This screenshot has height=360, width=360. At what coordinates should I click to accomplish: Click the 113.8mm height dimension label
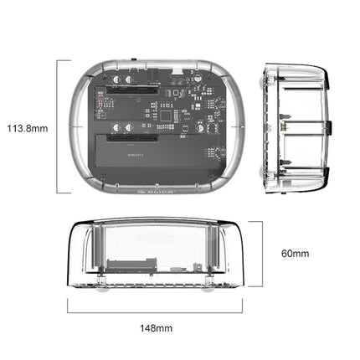tap(27, 129)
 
